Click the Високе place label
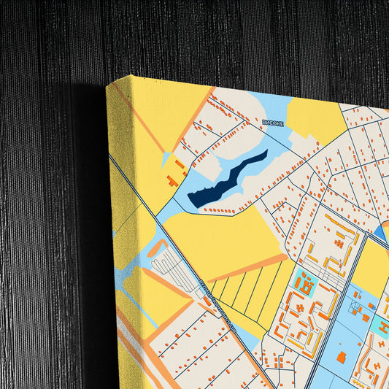coord(272,124)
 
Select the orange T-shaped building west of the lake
coord(172,180)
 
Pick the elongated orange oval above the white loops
coord(157,248)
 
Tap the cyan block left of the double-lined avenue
coord(304,284)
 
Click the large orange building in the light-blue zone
coord(341,358)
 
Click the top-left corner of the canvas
coord(108,85)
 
